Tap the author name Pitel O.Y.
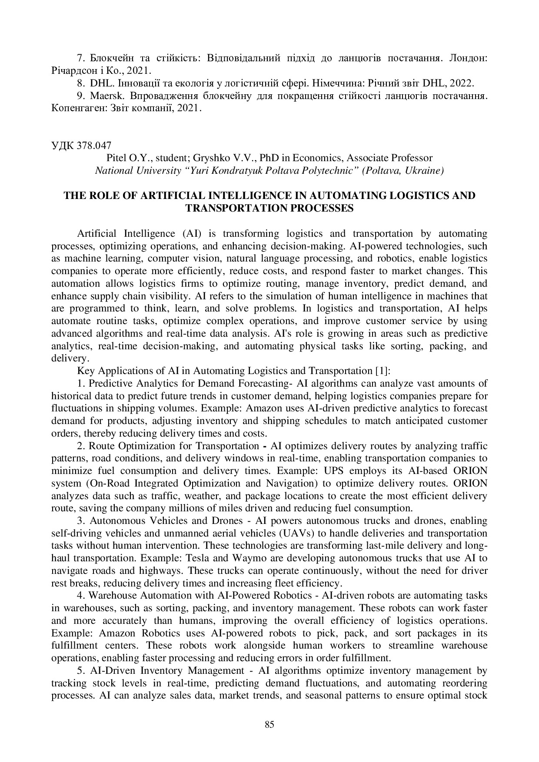(x=123, y=158)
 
